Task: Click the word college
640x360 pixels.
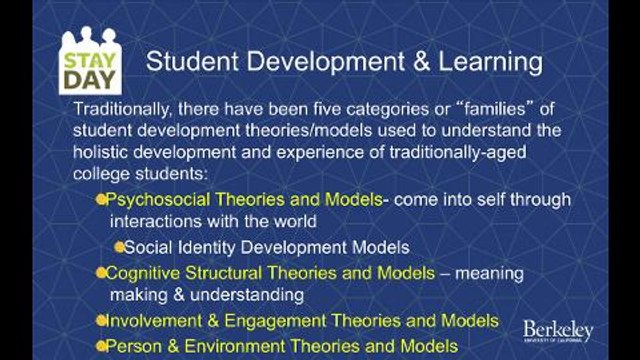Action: click(x=104, y=174)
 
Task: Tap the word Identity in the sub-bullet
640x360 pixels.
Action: click(x=209, y=246)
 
